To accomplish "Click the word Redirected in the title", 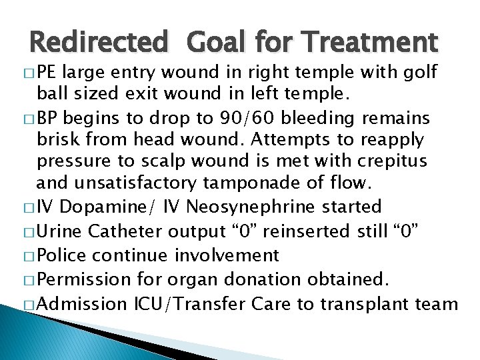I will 99,44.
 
